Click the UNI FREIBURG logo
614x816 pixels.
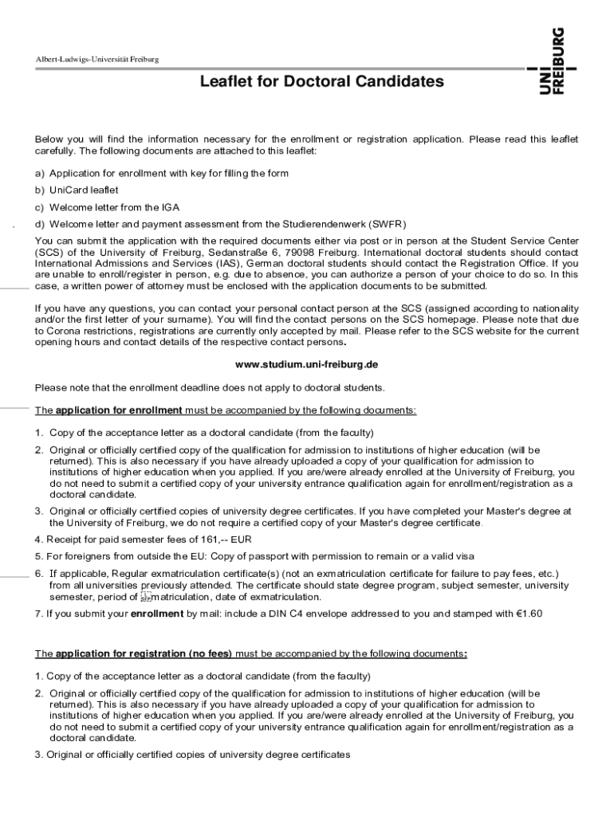tap(552, 61)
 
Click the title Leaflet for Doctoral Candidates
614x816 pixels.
tap(321, 81)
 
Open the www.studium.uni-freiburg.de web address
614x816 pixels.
tap(305, 364)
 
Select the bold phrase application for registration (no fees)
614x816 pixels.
tap(144, 654)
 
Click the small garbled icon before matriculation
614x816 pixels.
tap(144, 597)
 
